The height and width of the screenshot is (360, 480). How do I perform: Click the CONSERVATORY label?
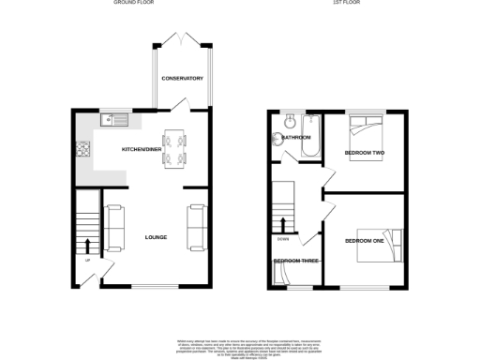[x=182, y=78]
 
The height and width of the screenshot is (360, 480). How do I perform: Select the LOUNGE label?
[x=156, y=237]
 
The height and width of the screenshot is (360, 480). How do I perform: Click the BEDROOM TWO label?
[x=365, y=152]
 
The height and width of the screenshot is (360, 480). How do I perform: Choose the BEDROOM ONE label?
[x=365, y=241]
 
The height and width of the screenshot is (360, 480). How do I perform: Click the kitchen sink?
[x=117, y=119]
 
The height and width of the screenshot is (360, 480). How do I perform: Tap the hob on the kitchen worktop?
[x=82, y=148]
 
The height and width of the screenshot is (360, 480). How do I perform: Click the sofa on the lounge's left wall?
[x=115, y=229]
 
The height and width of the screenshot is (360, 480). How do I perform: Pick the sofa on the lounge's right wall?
[x=198, y=229]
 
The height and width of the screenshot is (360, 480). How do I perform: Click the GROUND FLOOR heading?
[x=133, y=4]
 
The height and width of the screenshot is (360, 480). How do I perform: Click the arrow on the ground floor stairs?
[x=89, y=245]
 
